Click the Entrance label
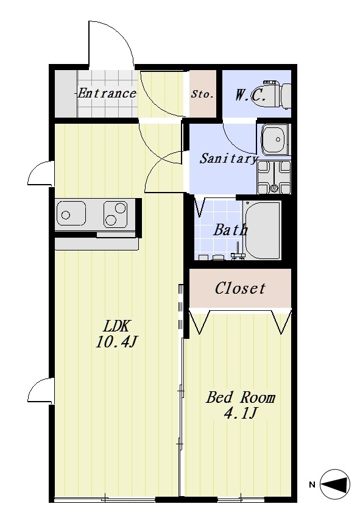107,93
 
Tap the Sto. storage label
202,94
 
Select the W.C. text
250,95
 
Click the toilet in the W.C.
277,95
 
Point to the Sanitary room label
228,158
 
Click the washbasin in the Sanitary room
276,140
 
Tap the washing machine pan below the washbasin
274,177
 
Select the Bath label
231,230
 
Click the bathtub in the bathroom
263,230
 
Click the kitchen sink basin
71,213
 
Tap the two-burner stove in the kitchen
115,214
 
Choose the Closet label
240,288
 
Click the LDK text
116,326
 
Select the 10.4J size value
116,343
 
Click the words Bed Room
241,397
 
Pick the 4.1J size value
241,413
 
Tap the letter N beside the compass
312,485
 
